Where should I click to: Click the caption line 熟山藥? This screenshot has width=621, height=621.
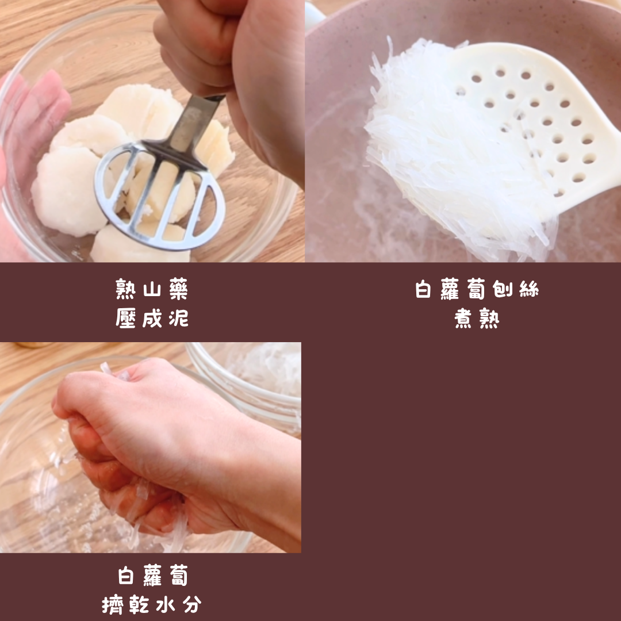point(152,289)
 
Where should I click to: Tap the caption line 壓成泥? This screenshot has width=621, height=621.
point(152,317)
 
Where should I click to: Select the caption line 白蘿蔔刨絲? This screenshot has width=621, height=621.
point(477,289)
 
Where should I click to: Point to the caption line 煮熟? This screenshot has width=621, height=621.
point(477,318)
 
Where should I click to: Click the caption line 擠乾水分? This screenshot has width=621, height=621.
point(152,604)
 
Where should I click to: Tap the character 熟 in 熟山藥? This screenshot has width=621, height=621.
point(125,289)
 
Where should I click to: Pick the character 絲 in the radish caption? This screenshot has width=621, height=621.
point(529,289)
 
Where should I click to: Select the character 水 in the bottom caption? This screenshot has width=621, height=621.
point(165,605)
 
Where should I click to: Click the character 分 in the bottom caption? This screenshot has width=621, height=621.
point(191,605)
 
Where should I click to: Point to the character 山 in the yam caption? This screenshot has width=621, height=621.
point(152,290)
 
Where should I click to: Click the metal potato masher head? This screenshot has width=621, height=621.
point(160,195)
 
